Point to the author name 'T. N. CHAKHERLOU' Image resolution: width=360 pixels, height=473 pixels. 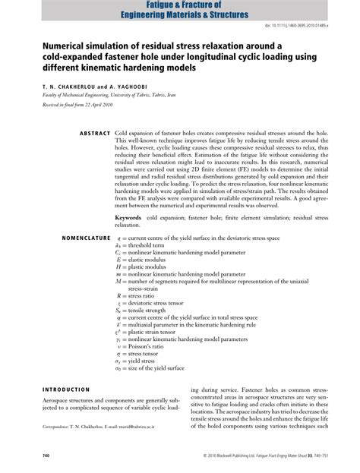(x=57, y=88)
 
